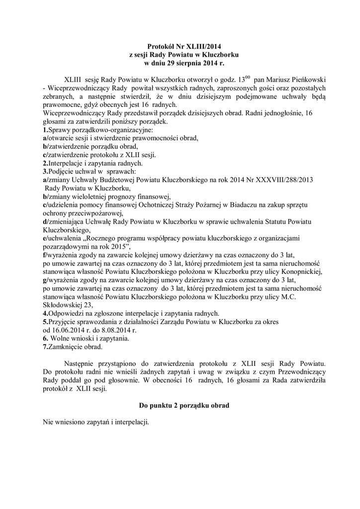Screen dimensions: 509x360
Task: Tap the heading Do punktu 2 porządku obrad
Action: click(x=180, y=406)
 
